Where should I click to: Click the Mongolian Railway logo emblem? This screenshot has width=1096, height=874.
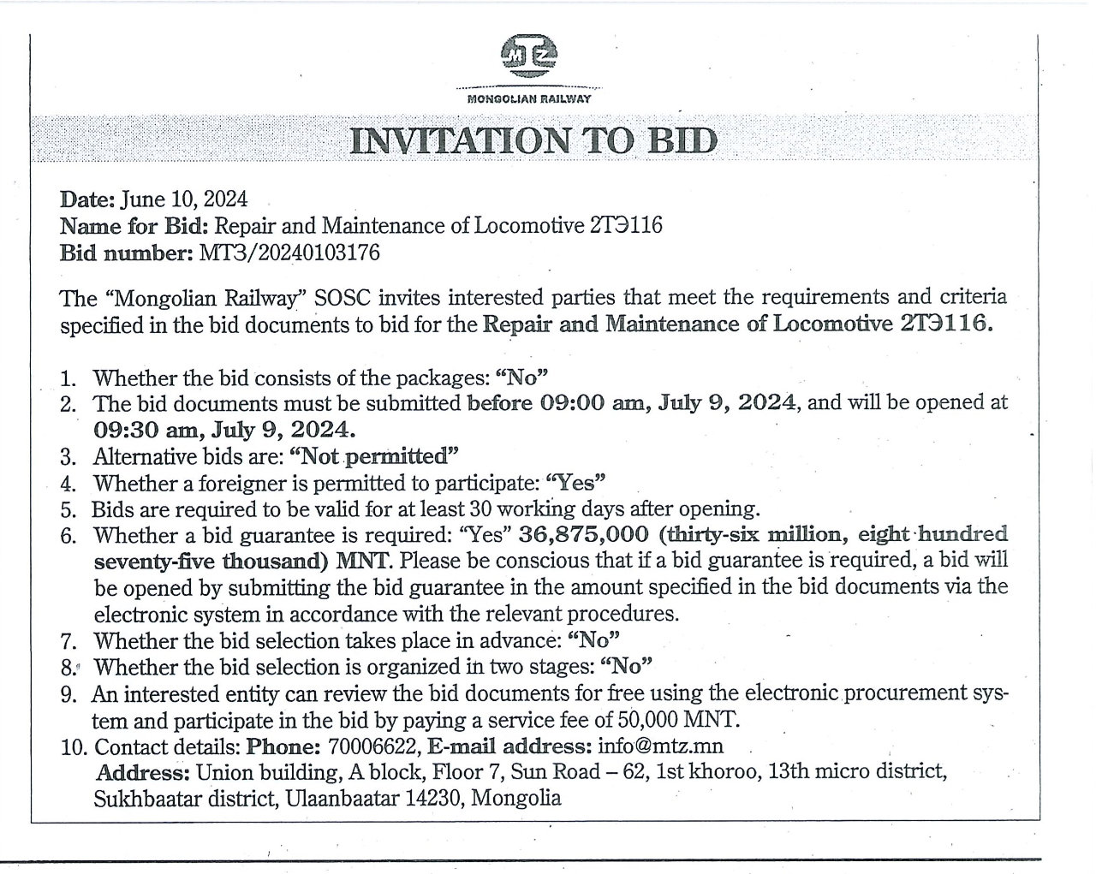coord(528,56)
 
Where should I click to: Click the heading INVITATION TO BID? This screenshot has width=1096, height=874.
coord(533,141)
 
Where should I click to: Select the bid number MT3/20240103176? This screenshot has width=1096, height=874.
coord(289,253)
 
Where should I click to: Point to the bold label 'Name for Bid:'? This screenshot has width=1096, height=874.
coord(134,226)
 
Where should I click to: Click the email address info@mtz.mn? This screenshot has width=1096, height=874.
coord(661,746)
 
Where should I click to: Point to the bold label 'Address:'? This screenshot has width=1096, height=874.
coord(142,773)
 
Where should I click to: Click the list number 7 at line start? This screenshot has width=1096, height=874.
coord(69,641)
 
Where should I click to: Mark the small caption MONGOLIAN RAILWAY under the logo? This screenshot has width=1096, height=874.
coord(528,99)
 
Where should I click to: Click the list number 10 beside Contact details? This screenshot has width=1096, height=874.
coord(74,747)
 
